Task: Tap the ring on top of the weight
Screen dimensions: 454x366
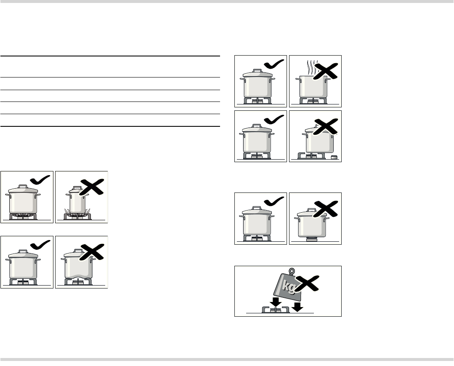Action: pyautogui.click(x=292, y=271)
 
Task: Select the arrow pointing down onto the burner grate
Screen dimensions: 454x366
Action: pyautogui.click(x=275, y=302)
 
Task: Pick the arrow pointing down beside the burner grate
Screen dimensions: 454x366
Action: pyautogui.click(x=297, y=307)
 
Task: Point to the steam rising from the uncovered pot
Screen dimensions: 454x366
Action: pyautogui.click(x=311, y=68)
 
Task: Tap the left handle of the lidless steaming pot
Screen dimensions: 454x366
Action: pyautogui.click(x=297, y=78)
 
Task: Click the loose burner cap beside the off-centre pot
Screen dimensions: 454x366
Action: pyautogui.click(x=335, y=158)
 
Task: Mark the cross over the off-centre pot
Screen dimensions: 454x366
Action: pyautogui.click(x=326, y=127)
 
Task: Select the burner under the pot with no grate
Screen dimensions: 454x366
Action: pyautogui.click(x=311, y=239)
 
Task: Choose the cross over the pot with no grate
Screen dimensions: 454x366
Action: pyautogui.click(x=326, y=208)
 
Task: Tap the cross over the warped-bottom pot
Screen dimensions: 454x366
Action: pyautogui.click(x=91, y=252)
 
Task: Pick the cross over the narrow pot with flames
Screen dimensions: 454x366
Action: pyautogui.click(x=91, y=187)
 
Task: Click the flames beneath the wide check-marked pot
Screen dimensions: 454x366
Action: pyautogui.click(x=23, y=215)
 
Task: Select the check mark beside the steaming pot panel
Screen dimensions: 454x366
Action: pyautogui.click(x=274, y=64)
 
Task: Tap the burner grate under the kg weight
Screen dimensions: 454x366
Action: pyautogui.click(x=276, y=310)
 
